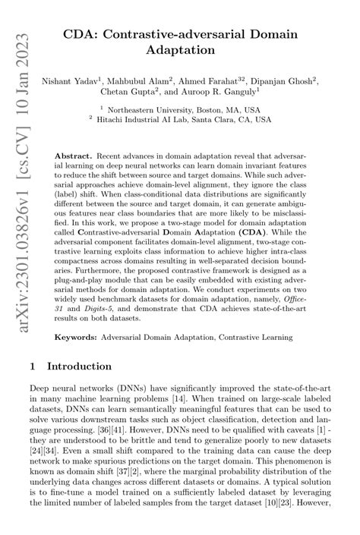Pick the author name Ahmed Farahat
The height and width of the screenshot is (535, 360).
coord(215,79)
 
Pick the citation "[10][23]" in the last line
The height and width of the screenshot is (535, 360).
coord(289,523)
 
